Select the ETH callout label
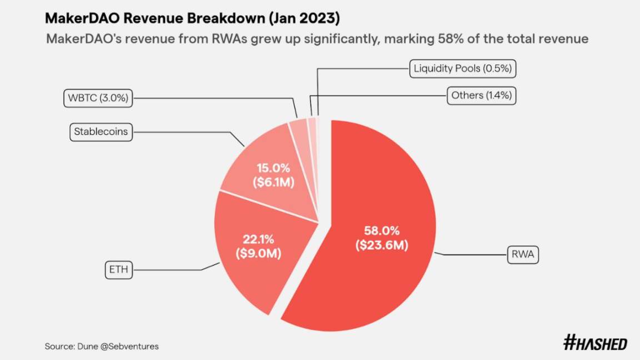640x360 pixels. point(118,271)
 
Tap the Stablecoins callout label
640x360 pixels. point(101,132)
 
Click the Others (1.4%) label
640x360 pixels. point(481,96)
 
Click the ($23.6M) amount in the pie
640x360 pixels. point(382,245)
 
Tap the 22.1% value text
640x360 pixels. point(258,239)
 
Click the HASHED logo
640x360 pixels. point(595,343)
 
